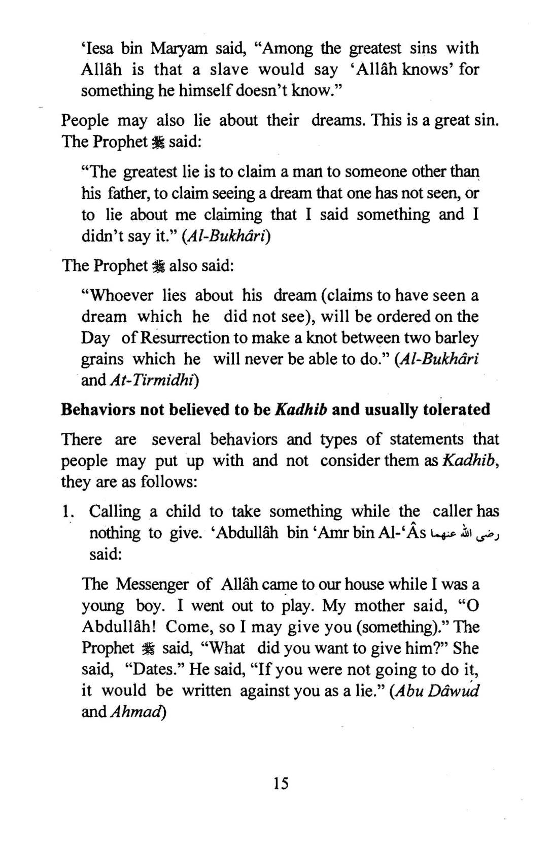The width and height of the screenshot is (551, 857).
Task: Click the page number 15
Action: [281, 783]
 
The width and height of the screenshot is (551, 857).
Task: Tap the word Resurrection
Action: [185, 338]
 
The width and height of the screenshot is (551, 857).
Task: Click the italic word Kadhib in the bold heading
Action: [300, 409]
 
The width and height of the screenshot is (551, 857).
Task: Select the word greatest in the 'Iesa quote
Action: [373, 49]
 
